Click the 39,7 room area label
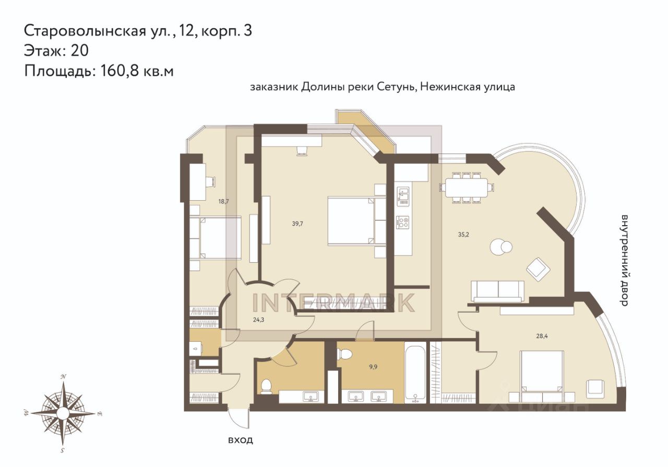(x=297, y=224)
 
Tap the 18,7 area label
(x=223, y=201)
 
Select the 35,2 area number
(x=463, y=235)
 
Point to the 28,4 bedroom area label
(x=542, y=336)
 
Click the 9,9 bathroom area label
(x=373, y=367)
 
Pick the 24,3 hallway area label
(x=258, y=320)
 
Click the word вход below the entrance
(x=241, y=440)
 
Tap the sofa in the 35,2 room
(x=497, y=291)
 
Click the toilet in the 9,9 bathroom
(x=345, y=354)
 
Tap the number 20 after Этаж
(x=80, y=51)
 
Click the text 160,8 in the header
(x=120, y=71)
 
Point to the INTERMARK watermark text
(x=333, y=302)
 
